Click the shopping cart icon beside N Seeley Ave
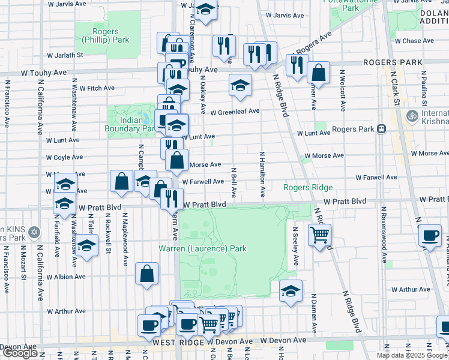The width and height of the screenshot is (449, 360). (x=319, y=234)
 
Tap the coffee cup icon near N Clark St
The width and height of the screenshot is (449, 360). (x=429, y=236)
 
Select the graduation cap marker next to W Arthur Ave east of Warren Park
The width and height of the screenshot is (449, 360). (x=291, y=292)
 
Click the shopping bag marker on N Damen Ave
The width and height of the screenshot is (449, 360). (x=318, y=73)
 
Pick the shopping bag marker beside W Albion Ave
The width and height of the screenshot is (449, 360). (x=147, y=274)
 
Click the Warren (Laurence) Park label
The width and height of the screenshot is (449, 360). (x=202, y=248)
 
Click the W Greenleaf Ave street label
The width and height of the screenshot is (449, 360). (x=234, y=111)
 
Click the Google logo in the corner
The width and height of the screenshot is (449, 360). (x=20, y=353)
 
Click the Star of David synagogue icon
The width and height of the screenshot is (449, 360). (x=34, y=232)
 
